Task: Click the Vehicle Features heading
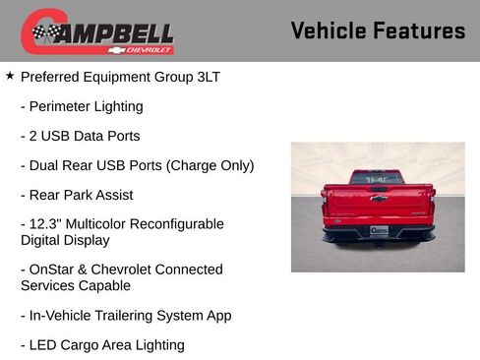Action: tap(378, 30)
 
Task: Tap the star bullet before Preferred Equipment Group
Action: tap(10, 76)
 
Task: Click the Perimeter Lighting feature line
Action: tap(82, 106)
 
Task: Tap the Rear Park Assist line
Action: tap(77, 195)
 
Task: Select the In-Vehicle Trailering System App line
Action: tap(126, 316)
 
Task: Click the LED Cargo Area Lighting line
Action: tap(102, 345)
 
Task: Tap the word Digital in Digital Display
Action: tap(42, 240)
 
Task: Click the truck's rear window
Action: tap(378, 177)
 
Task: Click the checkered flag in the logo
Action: tap(43, 33)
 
